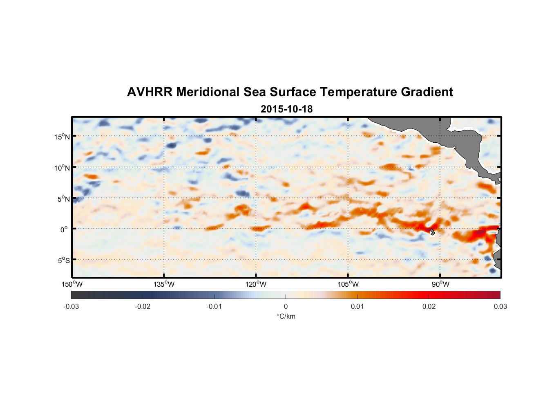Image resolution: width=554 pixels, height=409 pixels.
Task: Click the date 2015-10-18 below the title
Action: point(286,109)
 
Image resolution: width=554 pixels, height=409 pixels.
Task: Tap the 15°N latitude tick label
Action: point(62,137)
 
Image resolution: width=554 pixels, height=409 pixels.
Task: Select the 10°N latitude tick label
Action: point(62,168)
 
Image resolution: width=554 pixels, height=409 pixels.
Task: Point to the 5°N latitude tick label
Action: point(63,199)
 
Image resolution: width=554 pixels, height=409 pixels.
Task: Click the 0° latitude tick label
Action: point(64,229)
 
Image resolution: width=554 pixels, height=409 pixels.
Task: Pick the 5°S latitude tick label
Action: point(63,261)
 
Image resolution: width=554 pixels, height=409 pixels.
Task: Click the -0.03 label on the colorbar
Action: point(71,306)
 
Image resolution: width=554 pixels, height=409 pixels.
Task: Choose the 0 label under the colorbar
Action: point(286,306)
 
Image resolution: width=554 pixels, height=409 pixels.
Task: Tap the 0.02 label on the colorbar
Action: point(429,306)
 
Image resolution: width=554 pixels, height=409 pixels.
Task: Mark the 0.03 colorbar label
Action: point(500,306)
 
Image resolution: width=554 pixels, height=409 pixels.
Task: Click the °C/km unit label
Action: point(286,316)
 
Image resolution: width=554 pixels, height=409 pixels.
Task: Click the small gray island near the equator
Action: point(432,232)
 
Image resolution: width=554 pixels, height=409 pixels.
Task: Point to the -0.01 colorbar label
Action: point(214,306)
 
